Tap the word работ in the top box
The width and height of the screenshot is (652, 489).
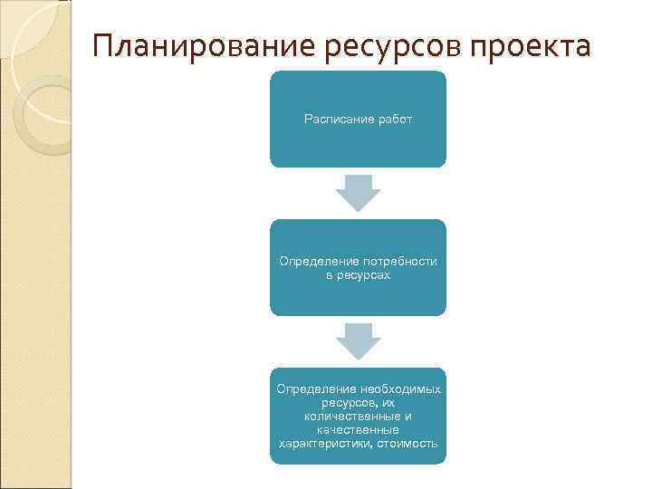(391, 120)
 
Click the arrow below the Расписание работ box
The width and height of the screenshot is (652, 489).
(358, 193)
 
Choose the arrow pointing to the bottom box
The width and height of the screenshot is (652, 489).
(358, 341)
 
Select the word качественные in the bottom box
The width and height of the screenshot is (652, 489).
(358, 430)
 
